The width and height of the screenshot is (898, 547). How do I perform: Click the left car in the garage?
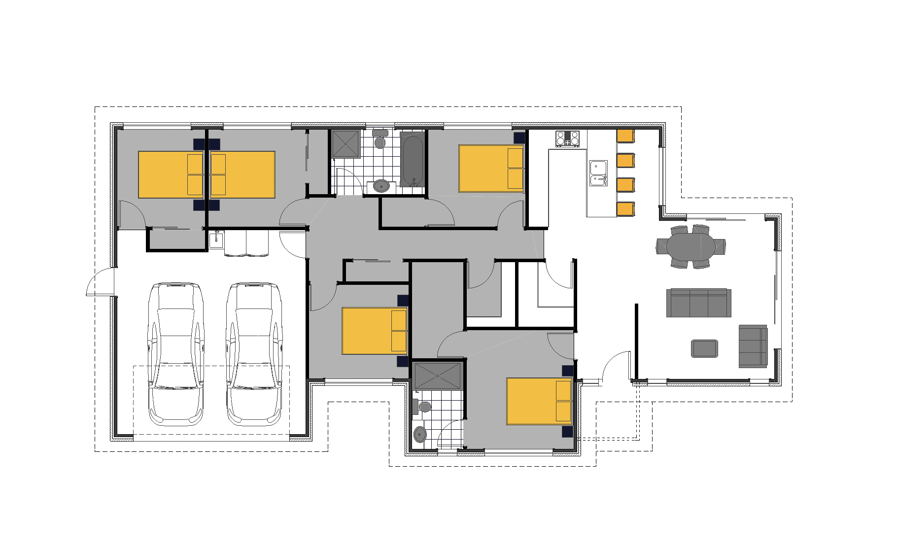coord(176,354)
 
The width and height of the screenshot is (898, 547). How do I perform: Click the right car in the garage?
coord(254,354)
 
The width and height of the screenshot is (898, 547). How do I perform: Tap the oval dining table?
coord(691,246)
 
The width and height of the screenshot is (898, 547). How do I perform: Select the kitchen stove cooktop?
coord(567,138)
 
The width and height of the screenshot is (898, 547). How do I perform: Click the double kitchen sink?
coord(598,174)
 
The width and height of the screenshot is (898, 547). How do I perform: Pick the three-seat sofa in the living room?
coord(698,303)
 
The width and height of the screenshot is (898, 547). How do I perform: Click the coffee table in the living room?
coord(704,348)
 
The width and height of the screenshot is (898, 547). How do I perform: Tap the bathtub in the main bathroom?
coord(412,159)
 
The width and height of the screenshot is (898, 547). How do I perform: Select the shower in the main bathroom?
coord(345,143)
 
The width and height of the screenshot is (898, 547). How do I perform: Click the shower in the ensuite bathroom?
coord(438,376)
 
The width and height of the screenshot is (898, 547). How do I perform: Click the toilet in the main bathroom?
coord(380,140)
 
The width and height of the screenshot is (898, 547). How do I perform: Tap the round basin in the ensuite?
coord(420,434)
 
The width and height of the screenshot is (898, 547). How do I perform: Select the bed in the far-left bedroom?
coord(171,174)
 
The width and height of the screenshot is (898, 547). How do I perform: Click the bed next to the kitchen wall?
coord(491,168)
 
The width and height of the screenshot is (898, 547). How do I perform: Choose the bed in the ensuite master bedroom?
coord(539,401)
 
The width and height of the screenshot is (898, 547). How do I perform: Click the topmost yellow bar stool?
coord(625,136)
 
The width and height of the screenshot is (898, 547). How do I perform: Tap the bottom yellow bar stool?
coord(625,209)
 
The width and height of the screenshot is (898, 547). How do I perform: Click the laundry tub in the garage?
coord(216,240)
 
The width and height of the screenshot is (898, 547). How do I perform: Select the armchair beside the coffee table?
coord(753,346)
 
